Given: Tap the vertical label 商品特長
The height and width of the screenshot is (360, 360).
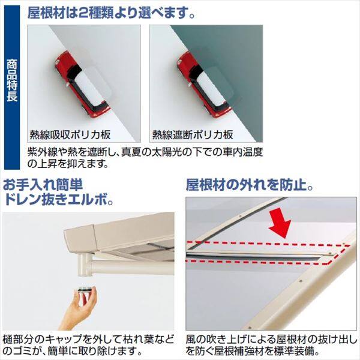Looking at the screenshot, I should pyautogui.click(x=13, y=88).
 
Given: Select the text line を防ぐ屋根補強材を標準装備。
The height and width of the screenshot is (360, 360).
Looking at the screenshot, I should pyautogui.click(x=254, y=351).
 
